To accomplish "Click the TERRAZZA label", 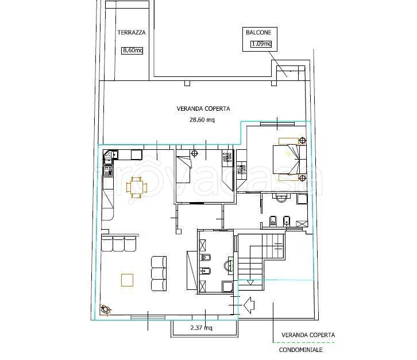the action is coord(132,32).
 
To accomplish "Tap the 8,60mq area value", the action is coord(132,50).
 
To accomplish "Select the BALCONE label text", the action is coord(258,32).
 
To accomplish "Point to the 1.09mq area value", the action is coord(261,44).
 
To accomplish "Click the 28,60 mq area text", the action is coord(202,119).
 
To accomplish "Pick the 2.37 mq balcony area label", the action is coord(201,328).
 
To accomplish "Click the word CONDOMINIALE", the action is coord(300,350).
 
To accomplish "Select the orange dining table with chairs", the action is coord(137,187).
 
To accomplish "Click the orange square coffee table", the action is coord(127,280).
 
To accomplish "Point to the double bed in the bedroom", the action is coord(290,160).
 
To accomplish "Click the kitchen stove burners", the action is coord(108,171).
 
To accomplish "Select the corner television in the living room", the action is coord(105,309).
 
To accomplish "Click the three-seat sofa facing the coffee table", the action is coord(159,273).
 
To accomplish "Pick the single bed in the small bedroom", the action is coord(184,169).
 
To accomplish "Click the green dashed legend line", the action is coord(304,342).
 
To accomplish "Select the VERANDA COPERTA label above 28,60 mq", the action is coord(203,109).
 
